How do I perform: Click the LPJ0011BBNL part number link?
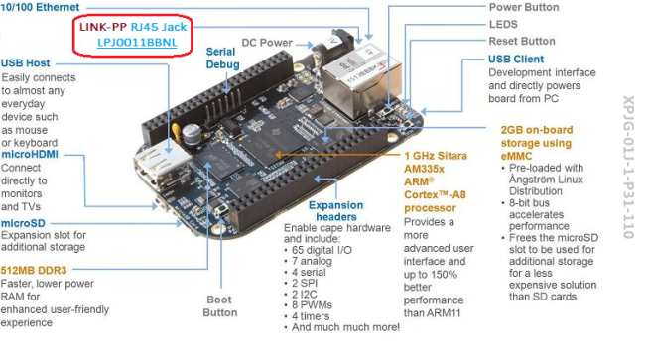coord(137,43)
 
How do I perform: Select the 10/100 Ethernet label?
coord(40,7)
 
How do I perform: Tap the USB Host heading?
coord(25,63)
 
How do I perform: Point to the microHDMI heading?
coord(30,155)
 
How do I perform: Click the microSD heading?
coord(23,223)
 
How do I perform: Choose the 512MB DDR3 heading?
coord(34,271)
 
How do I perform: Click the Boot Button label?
coord(220,306)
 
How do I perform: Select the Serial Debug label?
coord(222,58)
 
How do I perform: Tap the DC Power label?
coord(267,43)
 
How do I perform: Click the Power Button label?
coord(524,7)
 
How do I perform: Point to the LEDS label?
coord(503,24)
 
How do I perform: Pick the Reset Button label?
coord(522,41)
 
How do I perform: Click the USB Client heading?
coord(516,60)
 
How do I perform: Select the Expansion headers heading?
coord(336,211)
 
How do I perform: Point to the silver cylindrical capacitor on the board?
coord(192,134)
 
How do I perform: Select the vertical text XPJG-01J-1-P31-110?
coord(629,168)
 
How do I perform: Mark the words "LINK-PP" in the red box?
coord(103,27)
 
